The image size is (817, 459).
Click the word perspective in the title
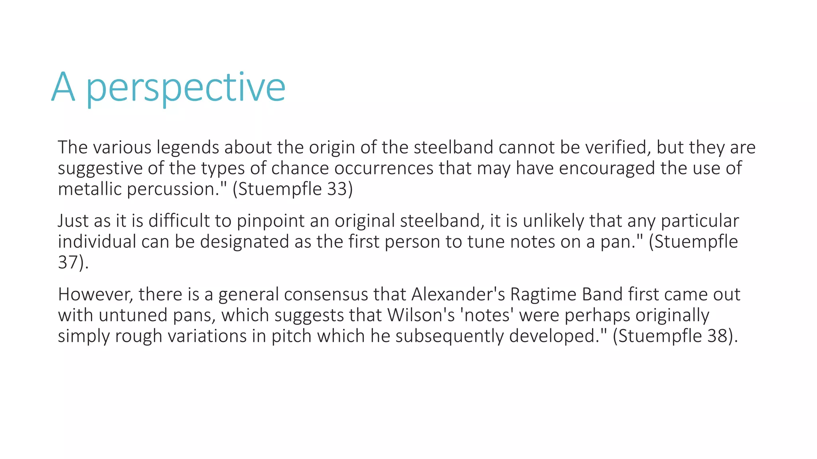coord(186,88)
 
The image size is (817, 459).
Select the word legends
coord(187,147)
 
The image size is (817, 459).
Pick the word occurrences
coord(384,168)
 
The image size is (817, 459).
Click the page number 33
coord(337,189)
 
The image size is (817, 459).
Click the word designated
coord(244,241)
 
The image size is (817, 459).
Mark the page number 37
coord(68,262)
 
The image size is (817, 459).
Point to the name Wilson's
coord(421,315)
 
